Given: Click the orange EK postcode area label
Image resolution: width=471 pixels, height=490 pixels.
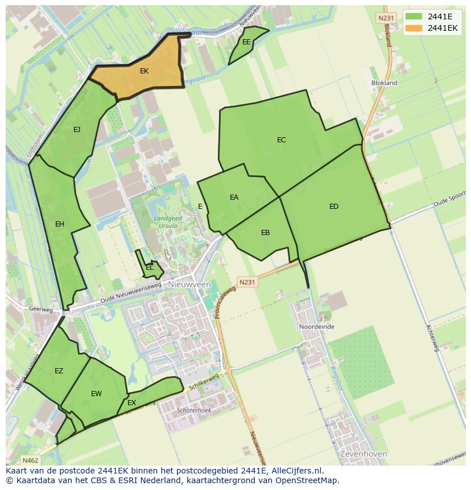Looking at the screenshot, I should pos(144,71).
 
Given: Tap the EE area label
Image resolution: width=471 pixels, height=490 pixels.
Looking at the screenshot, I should pos(246,42).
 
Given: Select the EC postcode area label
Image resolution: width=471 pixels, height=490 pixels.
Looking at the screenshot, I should pos(282,140).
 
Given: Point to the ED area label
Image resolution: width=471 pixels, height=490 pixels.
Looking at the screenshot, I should pos(334,207).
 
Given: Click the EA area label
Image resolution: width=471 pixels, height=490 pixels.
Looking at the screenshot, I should pos(234,197).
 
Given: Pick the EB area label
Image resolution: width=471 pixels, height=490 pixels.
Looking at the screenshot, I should pos(265,233).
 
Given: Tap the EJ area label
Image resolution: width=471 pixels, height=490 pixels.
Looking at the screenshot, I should pos(77,130).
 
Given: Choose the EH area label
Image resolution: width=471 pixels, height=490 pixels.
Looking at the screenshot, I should pos(60,224).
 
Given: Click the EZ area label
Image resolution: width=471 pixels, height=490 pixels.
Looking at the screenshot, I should pos(59,371).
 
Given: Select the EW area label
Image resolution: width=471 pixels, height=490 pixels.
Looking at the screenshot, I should pos(96,394).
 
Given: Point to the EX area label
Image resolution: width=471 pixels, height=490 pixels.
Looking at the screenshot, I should pos(132,403).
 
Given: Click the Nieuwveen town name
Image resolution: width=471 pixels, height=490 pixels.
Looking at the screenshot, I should pos(189,284).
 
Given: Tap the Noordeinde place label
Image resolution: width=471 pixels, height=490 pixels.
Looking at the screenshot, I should pos(317,327).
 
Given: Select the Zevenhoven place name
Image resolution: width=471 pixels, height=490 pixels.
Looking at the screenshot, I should pos(363,454).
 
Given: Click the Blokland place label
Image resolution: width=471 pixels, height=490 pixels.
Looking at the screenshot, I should pos(384,83).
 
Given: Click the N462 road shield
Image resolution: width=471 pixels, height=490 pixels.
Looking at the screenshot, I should pos(30,460).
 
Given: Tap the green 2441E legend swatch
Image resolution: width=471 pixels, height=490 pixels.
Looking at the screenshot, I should pos(414,16).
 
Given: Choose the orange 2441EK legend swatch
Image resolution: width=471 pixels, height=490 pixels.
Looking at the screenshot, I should pos(414,28).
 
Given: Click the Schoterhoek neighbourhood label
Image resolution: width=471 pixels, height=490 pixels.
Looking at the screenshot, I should pos(194,410).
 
